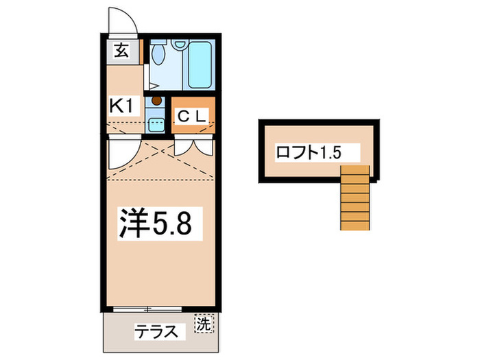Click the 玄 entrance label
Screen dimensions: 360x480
click(121, 50)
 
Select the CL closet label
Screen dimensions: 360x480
click(191, 116)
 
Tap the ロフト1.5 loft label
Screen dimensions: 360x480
click(308, 152)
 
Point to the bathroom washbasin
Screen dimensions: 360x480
click(180, 45)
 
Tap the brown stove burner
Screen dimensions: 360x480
click(157, 101)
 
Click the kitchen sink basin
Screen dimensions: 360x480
click(157, 124)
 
